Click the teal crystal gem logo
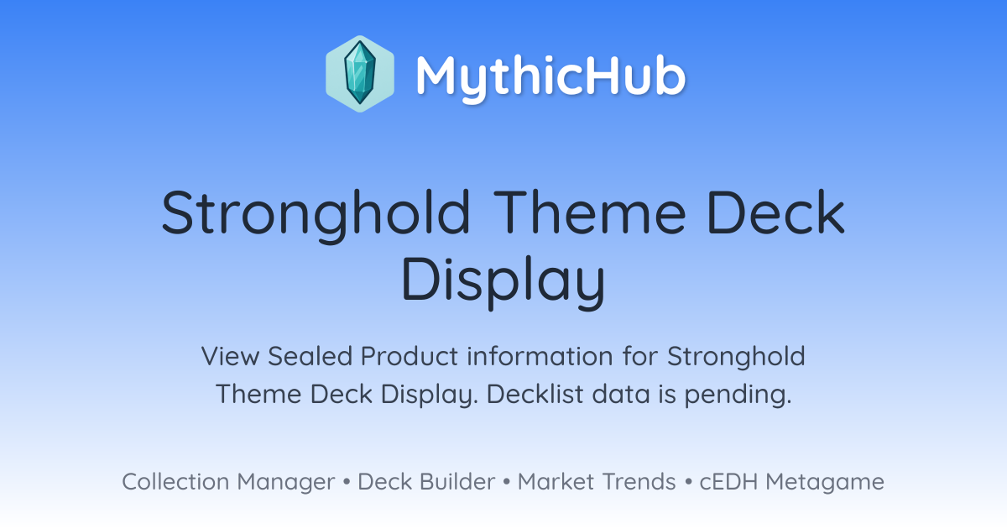click(x=360, y=74)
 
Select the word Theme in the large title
click(x=590, y=212)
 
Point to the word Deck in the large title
click(x=776, y=212)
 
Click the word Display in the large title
click(x=503, y=281)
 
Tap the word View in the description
click(x=230, y=356)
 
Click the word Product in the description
click(x=410, y=356)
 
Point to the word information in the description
click(x=540, y=356)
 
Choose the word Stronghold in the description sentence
click(x=736, y=357)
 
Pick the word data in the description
click(x=621, y=394)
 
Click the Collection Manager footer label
click(x=228, y=482)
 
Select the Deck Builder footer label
click(x=426, y=482)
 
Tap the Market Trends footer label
click(x=597, y=482)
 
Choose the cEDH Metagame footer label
click(x=791, y=482)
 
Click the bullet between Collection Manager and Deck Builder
click(x=346, y=482)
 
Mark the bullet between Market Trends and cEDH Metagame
click(x=688, y=482)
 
